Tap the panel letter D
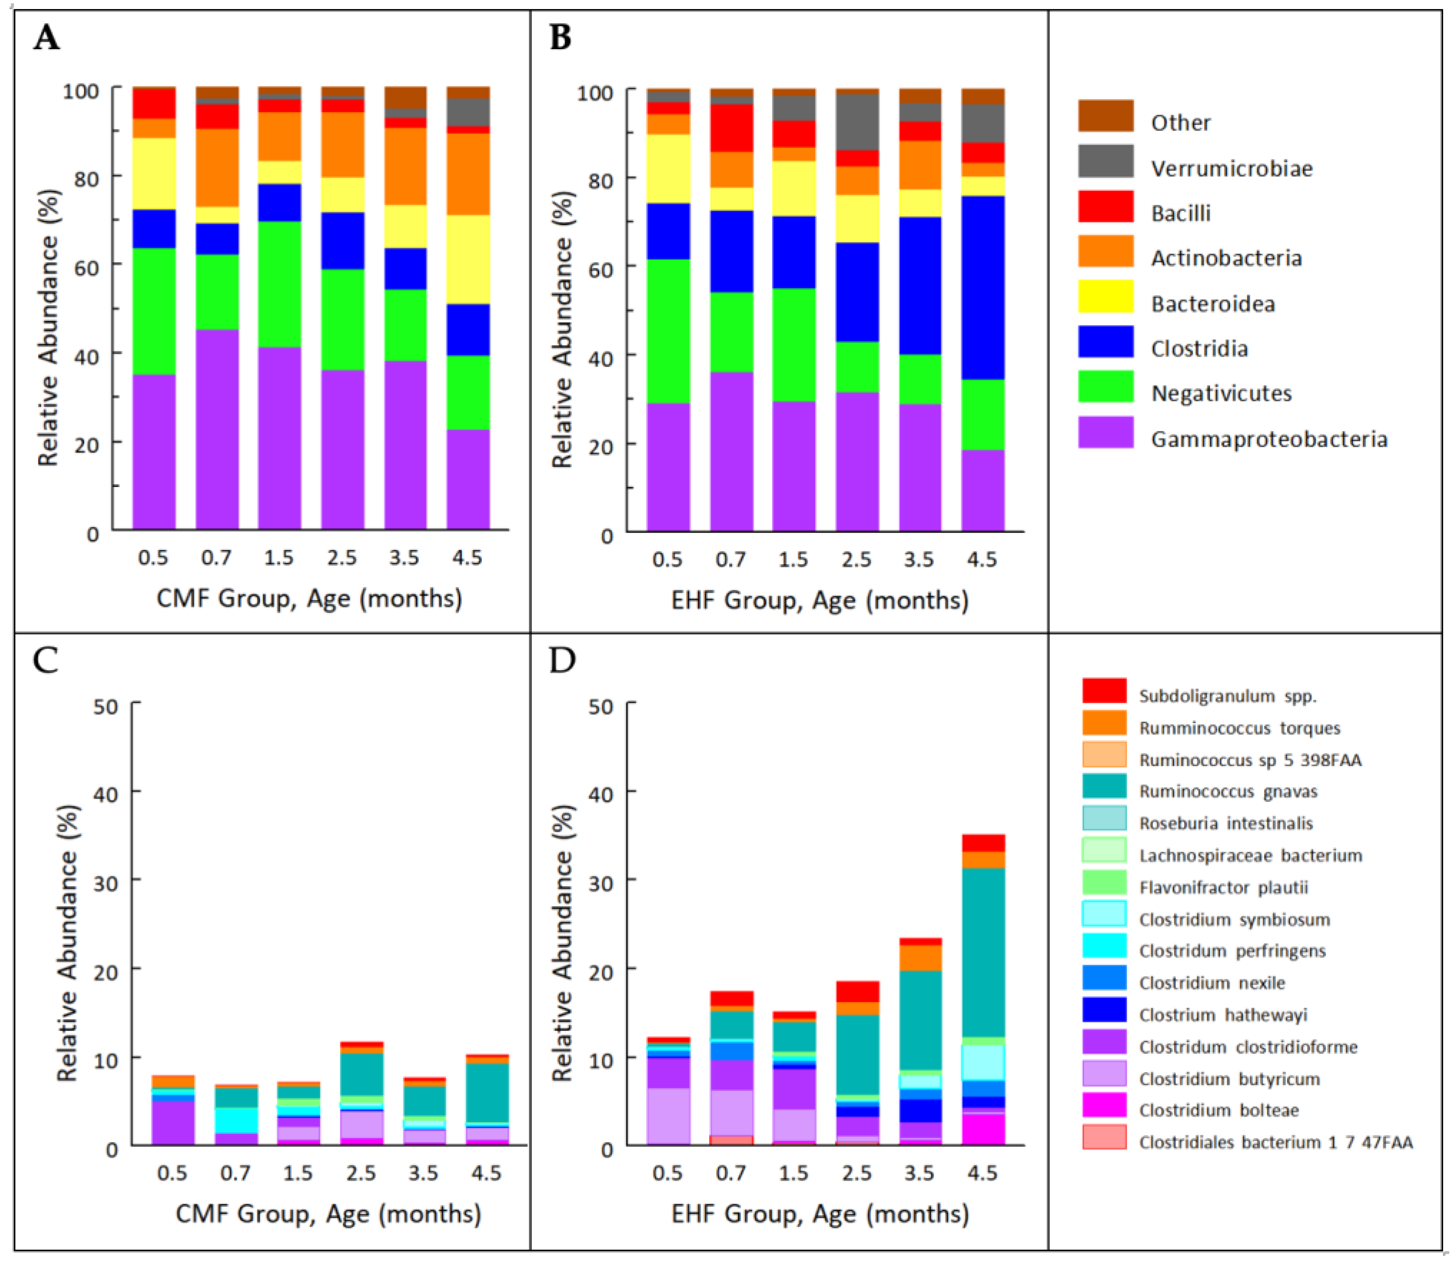click(561, 661)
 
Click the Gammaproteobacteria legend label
click(1268, 439)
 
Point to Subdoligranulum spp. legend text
click(1227, 696)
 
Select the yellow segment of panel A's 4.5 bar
click(468, 259)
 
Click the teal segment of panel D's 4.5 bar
click(982, 951)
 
